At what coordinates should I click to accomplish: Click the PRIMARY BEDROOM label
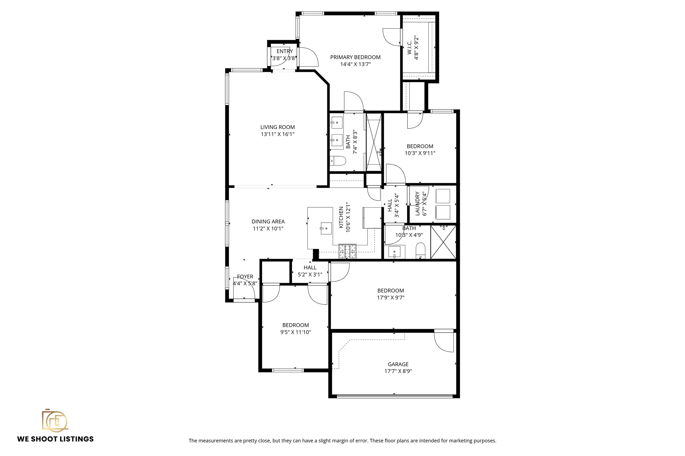355,57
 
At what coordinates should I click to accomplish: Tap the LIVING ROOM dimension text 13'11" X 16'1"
278,134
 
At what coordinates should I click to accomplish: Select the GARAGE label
398,364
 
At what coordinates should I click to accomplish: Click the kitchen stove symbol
347,251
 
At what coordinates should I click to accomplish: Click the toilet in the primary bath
338,161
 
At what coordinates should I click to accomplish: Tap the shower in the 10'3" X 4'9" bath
443,242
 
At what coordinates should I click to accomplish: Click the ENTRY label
284,51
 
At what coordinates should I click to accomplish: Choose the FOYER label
245,276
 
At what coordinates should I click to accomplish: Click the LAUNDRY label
418,204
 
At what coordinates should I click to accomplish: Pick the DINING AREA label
268,222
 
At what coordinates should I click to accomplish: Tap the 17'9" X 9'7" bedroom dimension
390,298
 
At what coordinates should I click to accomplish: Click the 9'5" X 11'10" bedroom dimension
296,332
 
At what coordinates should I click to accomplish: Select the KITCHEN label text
341,217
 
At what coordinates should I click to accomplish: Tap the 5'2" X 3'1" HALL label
310,268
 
